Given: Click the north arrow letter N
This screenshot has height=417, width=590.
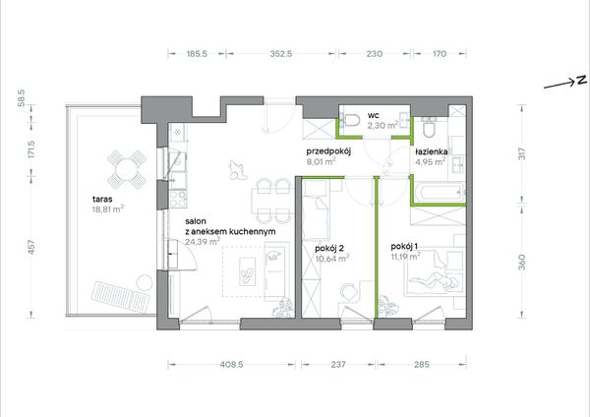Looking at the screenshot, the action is [581, 81].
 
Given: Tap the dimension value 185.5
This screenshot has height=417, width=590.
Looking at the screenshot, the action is [197, 54].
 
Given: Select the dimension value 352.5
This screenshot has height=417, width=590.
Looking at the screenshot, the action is [280, 54].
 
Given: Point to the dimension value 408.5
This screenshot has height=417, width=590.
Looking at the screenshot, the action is [231, 364].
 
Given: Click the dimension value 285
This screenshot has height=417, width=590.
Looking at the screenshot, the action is [422, 364].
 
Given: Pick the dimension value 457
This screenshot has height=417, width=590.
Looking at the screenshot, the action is [31, 247].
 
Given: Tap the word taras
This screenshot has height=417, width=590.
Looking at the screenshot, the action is [102, 200].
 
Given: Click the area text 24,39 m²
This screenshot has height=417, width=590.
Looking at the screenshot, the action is [203, 242].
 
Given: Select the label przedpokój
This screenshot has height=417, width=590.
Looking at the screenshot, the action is [328, 152].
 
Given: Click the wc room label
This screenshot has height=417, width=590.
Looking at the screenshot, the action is [374, 115].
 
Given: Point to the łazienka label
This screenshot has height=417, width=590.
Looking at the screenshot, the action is [432, 152].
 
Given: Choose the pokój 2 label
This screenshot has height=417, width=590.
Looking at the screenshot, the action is [329, 249].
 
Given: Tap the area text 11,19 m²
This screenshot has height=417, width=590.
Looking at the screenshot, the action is [405, 257].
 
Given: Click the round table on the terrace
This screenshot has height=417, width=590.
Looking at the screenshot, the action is [127, 170].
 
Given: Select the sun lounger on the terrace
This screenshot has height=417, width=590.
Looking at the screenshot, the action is [120, 297].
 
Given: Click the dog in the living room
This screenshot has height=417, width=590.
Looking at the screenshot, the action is [237, 170].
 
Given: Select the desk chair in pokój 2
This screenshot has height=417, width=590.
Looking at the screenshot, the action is [349, 292].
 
